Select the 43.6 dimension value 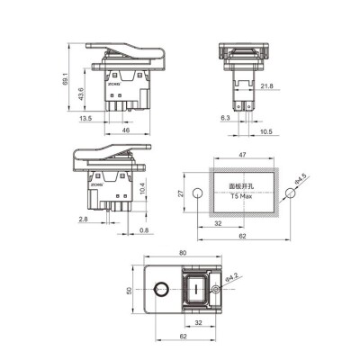click(81, 94)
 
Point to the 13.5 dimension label click(85, 118)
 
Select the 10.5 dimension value click(266, 131)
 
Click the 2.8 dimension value click(82, 219)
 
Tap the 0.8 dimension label click(145, 230)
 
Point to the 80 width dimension click(183, 255)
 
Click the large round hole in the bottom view click(161, 291)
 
